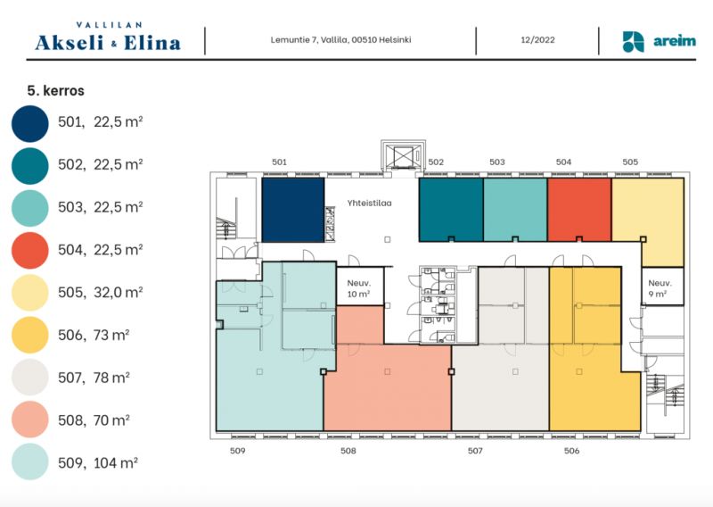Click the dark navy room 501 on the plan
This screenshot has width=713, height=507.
click(293, 210)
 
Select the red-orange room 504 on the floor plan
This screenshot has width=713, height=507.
click(579, 209)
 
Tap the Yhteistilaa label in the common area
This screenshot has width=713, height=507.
click(369, 204)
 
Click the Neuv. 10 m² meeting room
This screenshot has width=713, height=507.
click(360, 287)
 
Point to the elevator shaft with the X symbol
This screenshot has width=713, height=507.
click(403, 156)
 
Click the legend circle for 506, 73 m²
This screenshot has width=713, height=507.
click(30, 335)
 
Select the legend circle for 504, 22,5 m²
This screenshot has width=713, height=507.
click(30, 250)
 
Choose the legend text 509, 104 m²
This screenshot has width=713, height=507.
click(98, 462)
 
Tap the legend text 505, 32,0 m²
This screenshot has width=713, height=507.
click(101, 292)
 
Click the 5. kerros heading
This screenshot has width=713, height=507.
click(55, 90)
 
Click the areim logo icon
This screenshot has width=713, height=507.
click(633, 41)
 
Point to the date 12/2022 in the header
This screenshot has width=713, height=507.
click(537, 39)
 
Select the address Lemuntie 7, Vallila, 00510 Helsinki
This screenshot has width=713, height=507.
click(340, 39)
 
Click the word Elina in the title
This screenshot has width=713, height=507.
click(152, 43)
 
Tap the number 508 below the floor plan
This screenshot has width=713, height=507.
click(348, 451)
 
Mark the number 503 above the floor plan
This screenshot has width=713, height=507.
click(497, 162)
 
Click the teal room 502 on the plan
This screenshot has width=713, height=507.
click(451, 209)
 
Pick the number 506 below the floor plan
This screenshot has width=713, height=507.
click(571, 451)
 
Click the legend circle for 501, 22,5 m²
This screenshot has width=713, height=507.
click(30, 124)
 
